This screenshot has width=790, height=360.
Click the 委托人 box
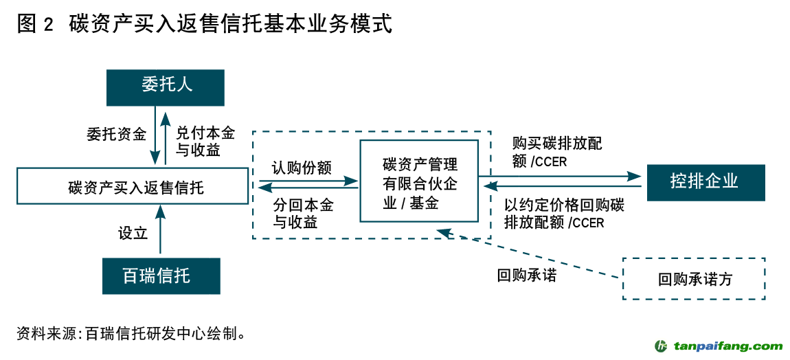(x=165, y=87)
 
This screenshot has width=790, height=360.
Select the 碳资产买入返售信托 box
(x=133, y=186)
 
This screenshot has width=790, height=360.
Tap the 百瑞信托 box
(x=161, y=275)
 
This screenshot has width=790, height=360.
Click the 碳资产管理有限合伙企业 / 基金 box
(x=419, y=180)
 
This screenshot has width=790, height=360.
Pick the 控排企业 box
(x=706, y=182)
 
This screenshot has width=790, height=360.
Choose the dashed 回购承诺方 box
(x=694, y=279)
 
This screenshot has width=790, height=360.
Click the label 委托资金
(x=116, y=134)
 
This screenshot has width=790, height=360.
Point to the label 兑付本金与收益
(x=205, y=141)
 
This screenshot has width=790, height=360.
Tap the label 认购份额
(x=302, y=168)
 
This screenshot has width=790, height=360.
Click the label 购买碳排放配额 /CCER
(x=557, y=152)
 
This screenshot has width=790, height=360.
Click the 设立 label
(x=133, y=233)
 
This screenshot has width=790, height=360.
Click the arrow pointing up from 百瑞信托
(x=161, y=234)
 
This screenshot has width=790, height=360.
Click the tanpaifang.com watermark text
(x=727, y=346)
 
